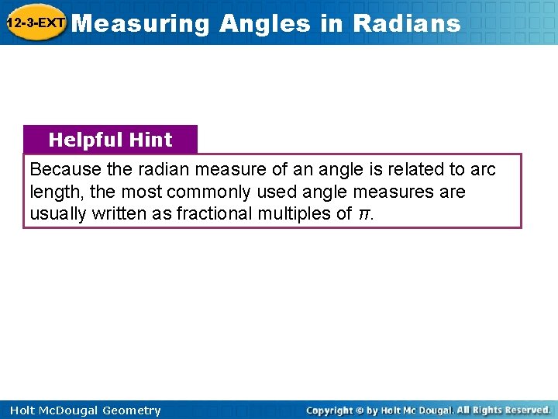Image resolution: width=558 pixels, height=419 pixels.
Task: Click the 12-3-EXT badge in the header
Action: tap(36, 23)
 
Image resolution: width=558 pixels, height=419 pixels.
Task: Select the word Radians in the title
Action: tap(406, 23)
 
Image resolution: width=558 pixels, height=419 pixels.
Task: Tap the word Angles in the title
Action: tap(264, 23)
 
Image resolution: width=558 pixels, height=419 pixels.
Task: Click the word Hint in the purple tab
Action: tap(151, 140)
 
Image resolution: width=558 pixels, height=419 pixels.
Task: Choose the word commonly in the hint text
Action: tap(195, 192)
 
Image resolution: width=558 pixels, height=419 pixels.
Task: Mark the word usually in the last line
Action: tap(57, 214)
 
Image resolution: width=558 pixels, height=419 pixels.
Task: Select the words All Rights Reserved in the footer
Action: tap(504, 410)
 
